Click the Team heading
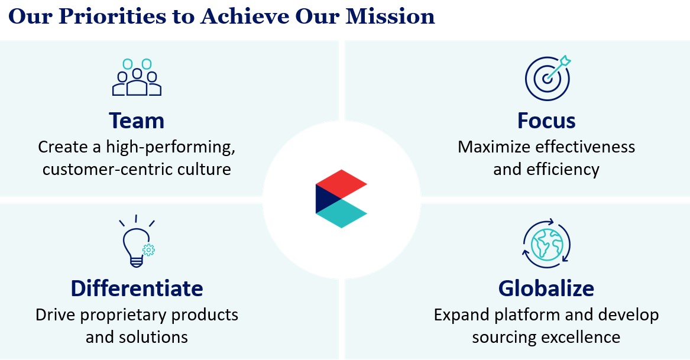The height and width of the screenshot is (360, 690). tap(137, 121)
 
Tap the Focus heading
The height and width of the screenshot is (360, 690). tap(546, 121)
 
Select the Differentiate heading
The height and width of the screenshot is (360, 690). tap(137, 288)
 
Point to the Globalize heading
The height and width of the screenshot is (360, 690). tap(546, 288)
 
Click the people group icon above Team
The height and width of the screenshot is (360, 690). tap(137, 77)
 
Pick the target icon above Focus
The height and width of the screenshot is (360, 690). tap(548, 78)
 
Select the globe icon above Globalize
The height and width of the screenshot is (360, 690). tap(546, 244)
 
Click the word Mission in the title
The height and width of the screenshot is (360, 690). tap(390, 17)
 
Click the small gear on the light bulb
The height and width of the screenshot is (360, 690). tap(149, 249)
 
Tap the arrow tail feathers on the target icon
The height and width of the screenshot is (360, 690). tap(565, 61)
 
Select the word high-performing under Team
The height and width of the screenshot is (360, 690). tap(171, 147)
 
